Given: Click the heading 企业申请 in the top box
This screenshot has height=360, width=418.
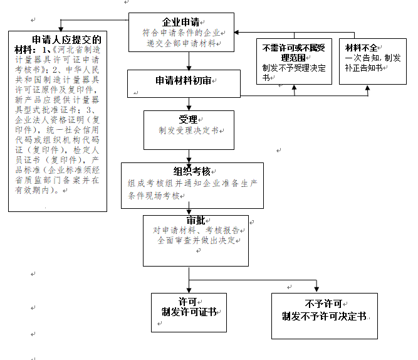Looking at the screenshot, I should click(x=181, y=21).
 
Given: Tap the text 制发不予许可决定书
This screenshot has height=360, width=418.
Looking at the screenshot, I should click(x=323, y=315).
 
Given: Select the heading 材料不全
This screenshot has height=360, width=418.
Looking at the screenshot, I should click(x=362, y=47).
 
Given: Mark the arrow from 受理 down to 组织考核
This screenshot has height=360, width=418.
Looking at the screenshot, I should click(x=189, y=154).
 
